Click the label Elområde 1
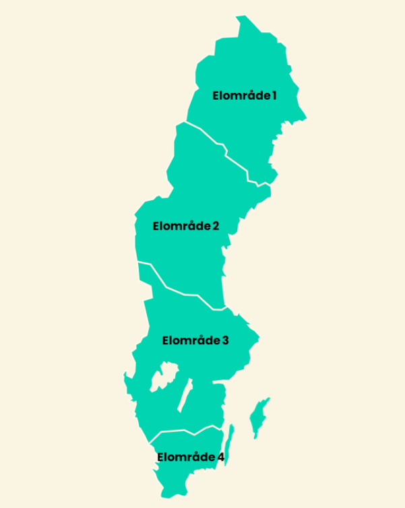(x=245, y=95)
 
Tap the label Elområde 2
(x=186, y=226)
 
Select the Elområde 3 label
(x=195, y=340)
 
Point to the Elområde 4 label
(x=191, y=457)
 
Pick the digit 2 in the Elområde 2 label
(x=216, y=226)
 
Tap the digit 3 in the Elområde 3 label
(x=225, y=340)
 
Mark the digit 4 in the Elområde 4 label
(x=220, y=457)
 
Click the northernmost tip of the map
(x=241, y=15)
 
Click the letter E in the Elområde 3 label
(x=166, y=340)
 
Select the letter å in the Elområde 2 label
(x=191, y=226)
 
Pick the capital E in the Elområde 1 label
(x=216, y=95)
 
